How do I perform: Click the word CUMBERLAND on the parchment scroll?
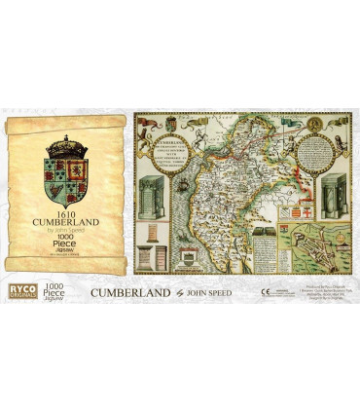pos(65,222)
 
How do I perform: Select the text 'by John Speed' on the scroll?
pos(65,232)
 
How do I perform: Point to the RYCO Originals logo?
pos(19,290)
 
